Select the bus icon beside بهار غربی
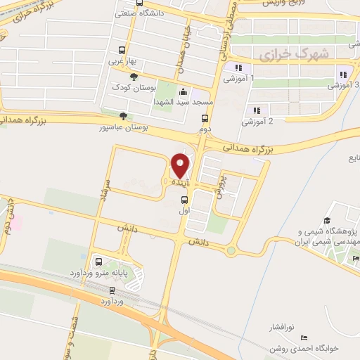tap(122, 51)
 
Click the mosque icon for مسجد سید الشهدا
tap(184, 91)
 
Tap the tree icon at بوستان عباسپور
tap(124, 116)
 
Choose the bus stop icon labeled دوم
tap(205, 118)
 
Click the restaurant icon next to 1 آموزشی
tap(239, 67)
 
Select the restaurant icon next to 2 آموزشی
tap(256, 110)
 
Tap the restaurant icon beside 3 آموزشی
tap(344, 75)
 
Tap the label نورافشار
tap(283, 328)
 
